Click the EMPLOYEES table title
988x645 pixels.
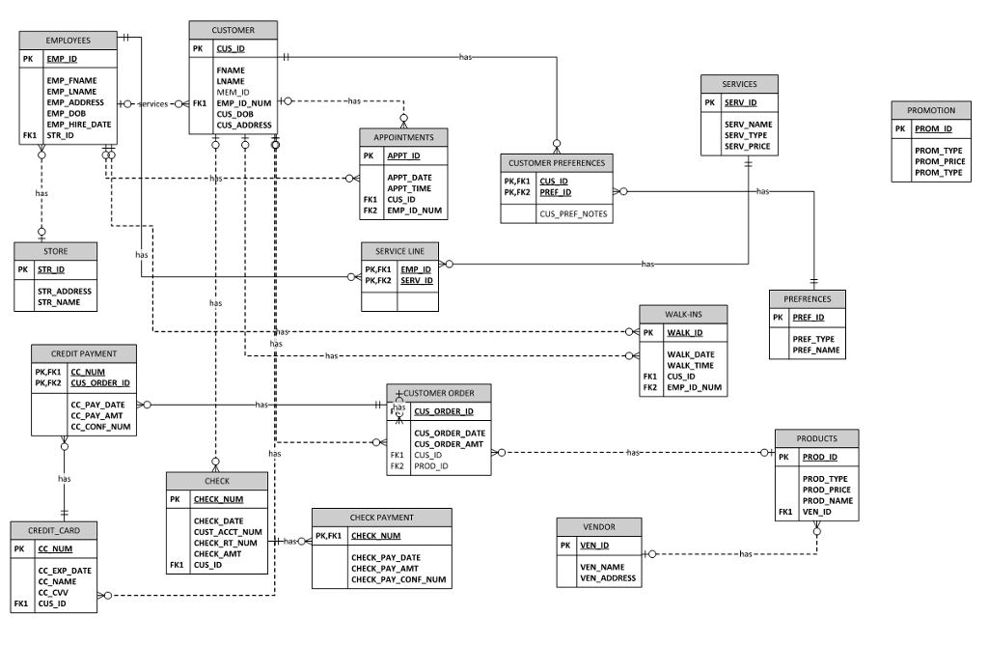pos(68,41)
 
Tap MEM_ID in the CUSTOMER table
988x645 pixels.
pos(233,92)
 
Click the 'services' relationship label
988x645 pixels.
pos(153,103)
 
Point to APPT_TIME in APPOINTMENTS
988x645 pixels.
pos(409,188)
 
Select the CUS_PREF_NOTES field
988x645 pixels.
pos(573,214)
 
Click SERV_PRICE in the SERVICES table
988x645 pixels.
pos(747,147)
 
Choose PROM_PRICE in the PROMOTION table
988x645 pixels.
pos(940,162)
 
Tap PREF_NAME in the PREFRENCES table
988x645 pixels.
pos(815,351)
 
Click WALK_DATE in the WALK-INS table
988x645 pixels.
pos(691,354)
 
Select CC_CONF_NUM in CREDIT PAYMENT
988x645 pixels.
pos(99,426)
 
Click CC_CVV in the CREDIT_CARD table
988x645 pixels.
pos(56,593)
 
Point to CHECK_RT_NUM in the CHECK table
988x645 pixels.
pos(225,543)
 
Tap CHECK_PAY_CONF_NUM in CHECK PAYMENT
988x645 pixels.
pos(398,580)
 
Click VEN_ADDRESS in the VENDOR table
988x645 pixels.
pos(607,578)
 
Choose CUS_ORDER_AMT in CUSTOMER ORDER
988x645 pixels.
pos(449,444)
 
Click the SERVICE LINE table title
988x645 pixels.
pos(399,251)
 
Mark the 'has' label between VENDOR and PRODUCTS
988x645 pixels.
pos(745,554)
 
